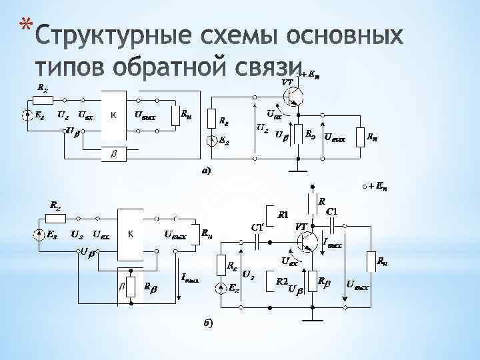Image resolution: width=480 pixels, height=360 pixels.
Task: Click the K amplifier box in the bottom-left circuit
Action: pyautogui.click(x=131, y=234)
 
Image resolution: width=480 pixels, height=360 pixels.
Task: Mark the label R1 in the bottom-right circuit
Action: pyautogui.click(x=283, y=215)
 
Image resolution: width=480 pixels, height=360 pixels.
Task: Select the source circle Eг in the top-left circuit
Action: pyautogui.click(x=26, y=116)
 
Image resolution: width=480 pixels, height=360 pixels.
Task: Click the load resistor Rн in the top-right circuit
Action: pyautogui.click(x=360, y=136)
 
